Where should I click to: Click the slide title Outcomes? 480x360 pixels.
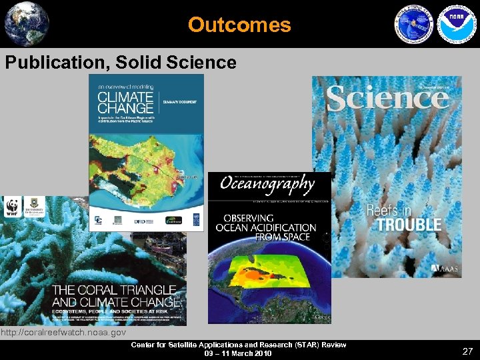click(x=239, y=25)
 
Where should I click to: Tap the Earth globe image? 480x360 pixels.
click(x=27, y=23)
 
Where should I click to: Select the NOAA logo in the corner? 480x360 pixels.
click(x=454, y=24)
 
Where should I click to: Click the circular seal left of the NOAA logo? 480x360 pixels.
click(x=414, y=24)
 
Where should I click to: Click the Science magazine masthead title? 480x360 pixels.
click(x=387, y=99)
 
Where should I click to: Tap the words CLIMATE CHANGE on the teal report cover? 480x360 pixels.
click(x=125, y=102)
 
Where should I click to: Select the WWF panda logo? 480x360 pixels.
click(x=11, y=207)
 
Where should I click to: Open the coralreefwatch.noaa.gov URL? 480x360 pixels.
click(x=63, y=332)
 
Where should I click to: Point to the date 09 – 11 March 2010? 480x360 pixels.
click(x=239, y=353)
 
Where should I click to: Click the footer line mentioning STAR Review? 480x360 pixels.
click(x=239, y=345)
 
